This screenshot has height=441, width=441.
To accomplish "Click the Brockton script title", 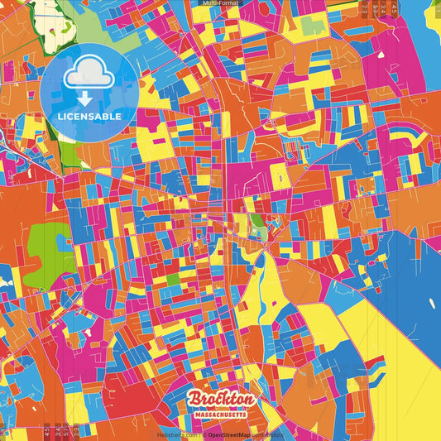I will (220, 400).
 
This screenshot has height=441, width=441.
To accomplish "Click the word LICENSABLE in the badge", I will (89, 117).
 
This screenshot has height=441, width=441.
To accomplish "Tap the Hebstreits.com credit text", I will (177, 434).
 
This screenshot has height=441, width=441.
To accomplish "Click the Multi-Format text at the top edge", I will (220, 3).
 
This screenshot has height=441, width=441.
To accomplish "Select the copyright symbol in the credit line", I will (204, 434).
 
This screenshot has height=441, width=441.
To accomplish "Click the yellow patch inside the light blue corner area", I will (431, 33).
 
